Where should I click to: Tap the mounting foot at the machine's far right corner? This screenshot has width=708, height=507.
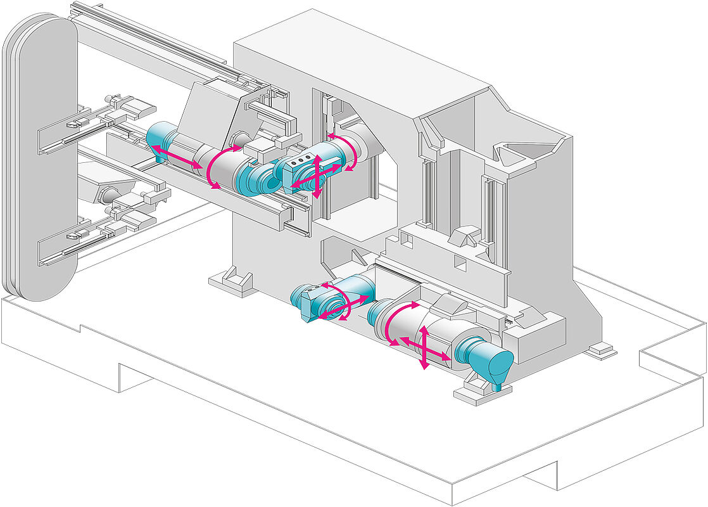602,350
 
